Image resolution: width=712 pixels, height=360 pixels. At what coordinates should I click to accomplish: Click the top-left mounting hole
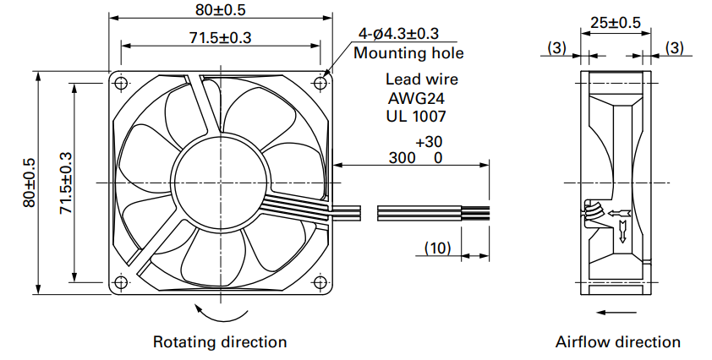coord(121,83)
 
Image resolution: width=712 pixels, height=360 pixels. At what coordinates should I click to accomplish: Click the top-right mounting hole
coord(320,83)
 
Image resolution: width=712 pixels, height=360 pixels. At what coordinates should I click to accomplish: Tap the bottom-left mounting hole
coord(120,282)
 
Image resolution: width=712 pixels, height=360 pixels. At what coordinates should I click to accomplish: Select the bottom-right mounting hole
coord(320,282)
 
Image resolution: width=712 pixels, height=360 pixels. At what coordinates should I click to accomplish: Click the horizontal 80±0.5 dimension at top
coord(221,10)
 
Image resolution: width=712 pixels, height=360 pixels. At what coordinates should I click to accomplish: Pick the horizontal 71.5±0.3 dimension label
coord(220,38)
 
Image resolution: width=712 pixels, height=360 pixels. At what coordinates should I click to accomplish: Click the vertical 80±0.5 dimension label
coord(29,183)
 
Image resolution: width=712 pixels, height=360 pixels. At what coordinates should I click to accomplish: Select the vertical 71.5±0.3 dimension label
coord(66,183)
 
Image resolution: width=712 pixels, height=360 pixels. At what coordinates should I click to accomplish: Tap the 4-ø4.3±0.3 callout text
coord(398,34)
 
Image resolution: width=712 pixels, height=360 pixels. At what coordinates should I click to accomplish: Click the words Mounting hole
coord(408,53)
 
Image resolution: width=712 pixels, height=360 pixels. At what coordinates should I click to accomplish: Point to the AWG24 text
coord(416,98)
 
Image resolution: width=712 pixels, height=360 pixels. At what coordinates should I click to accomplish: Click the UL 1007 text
coord(416,117)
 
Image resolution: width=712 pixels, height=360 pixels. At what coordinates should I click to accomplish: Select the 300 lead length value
coord(402,158)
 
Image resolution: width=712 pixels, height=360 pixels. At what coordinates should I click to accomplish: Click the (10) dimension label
coord(438,248)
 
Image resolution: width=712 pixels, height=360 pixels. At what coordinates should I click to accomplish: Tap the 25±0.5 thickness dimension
coord(616,22)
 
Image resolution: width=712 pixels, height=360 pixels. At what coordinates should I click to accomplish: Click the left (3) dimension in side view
coord(557,47)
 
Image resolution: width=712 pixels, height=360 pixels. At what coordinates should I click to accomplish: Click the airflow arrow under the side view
coord(616,313)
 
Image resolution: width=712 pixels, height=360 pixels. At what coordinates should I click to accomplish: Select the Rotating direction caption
coord(220,342)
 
